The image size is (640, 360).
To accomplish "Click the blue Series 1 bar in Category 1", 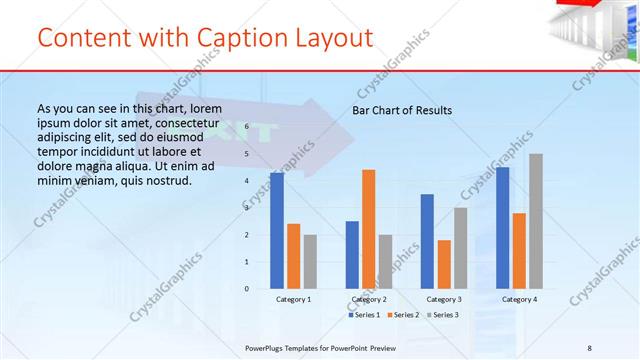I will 276,231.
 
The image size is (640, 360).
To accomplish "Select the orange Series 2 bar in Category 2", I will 368,229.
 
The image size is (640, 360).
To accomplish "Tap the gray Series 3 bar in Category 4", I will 536,221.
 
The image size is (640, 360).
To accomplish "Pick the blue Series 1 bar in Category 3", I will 427,241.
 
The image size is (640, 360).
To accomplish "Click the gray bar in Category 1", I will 310,261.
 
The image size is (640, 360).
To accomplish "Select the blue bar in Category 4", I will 502,228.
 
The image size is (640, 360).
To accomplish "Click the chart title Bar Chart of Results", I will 401,110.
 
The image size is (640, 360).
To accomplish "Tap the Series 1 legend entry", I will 364,315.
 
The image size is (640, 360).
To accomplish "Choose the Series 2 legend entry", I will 402,315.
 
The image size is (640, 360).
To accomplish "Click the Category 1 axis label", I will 293,299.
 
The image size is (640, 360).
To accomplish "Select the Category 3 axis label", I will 443,299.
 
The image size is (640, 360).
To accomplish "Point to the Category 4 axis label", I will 518,299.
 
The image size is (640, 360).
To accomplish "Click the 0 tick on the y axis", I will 247,288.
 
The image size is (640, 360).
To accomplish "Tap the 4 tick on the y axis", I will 247,181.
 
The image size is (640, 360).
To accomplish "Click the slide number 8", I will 590,347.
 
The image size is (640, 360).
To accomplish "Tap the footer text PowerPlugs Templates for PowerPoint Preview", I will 320,347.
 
